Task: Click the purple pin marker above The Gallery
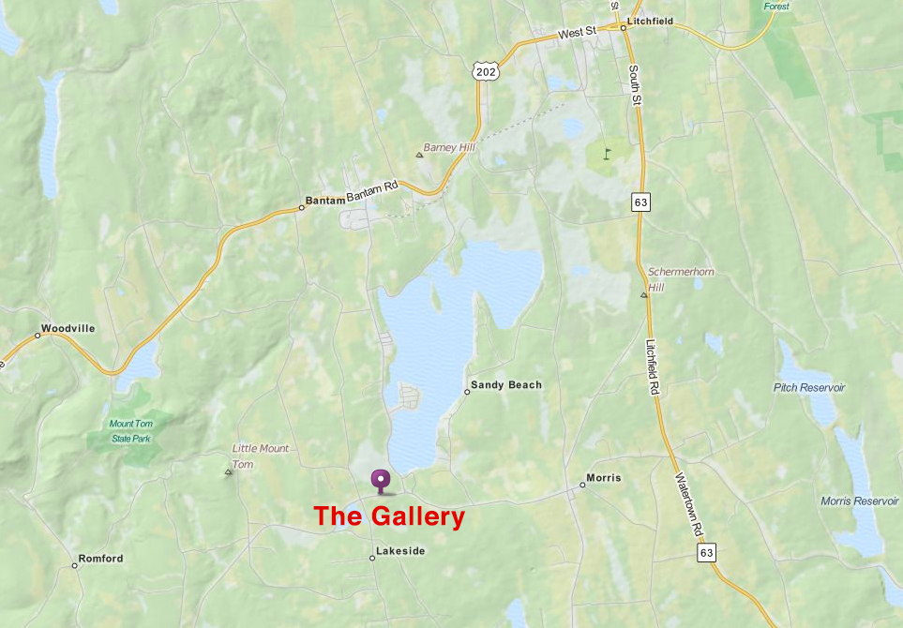[380, 481]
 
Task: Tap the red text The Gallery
[389, 516]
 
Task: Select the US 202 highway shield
[484, 71]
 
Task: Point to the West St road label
[577, 33]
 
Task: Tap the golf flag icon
[607, 151]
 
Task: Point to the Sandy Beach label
[506, 385]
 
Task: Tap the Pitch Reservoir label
[809, 387]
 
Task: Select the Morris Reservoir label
[860, 501]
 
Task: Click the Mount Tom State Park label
[130, 430]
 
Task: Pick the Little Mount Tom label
[260, 456]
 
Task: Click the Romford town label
[100, 559]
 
